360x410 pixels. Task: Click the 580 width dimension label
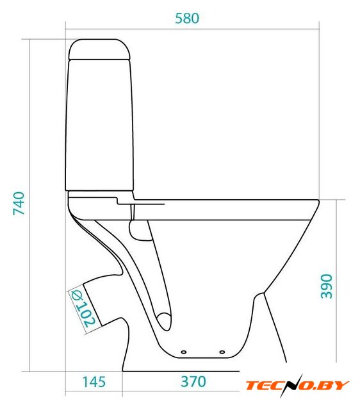click(187, 19)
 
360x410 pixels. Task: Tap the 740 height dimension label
click(19, 204)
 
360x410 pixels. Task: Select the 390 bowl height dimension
click(327, 286)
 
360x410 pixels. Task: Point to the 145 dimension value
click(94, 382)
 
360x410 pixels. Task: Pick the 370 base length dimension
click(193, 382)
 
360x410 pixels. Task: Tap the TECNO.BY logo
click(297, 386)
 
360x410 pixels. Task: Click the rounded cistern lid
click(99, 49)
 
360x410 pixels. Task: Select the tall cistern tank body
click(99, 125)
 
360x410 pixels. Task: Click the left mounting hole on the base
click(184, 352)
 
